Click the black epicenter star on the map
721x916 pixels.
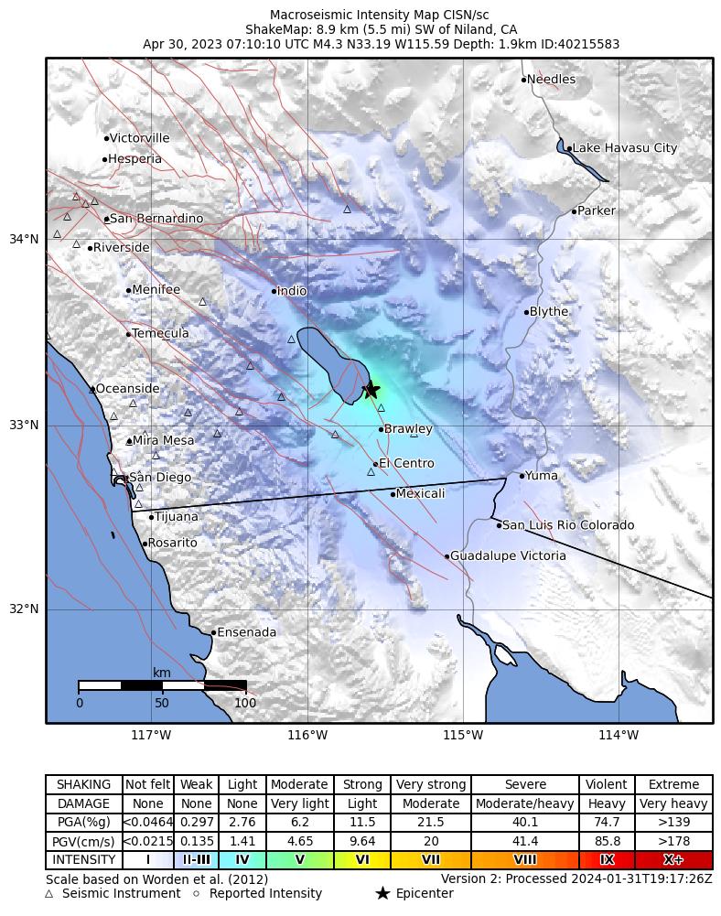(371, 390)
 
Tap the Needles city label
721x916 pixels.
(552, 80)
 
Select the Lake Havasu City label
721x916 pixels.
(625, 148)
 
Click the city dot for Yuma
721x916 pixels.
(522, 476)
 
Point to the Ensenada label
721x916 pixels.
(246, 632)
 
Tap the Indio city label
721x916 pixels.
(292, 291)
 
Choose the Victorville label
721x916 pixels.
(139, 139)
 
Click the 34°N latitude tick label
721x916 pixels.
(24, 240)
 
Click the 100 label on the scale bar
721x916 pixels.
(245, 704)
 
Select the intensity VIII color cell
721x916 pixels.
(525, 860)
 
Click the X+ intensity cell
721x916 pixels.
(673, 860)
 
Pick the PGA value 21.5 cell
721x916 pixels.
(430, 823)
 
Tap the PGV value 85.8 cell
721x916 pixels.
(607, 842)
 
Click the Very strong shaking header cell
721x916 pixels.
(430, 785)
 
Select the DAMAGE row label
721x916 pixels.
(84, 804)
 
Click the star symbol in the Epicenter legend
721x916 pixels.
(382, 894)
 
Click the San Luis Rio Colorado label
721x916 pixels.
(568, 525)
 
